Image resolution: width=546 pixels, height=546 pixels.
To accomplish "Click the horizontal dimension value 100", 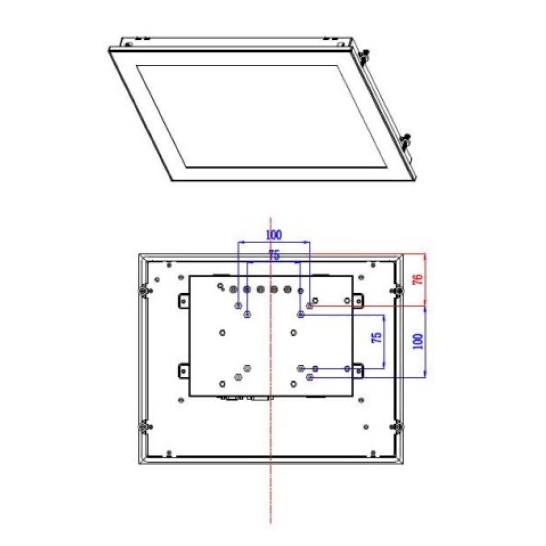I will tap(274, 235).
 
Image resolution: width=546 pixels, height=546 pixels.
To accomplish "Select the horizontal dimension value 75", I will tap(274, 256).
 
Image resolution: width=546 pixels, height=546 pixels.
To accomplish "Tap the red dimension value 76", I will tap(418, 279).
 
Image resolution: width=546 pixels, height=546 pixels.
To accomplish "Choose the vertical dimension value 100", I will tap(418, 341).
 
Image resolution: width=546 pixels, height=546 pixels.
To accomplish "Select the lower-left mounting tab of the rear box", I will tap(183, 371).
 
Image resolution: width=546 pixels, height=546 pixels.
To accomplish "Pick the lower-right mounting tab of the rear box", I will tap(358, 371).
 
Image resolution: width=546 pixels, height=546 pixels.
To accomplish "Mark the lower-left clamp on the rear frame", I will tap(143, 427).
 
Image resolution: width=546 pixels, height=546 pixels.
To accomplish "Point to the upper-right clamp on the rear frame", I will tap(399, 292).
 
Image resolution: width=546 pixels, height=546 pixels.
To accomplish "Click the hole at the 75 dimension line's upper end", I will tap(301, 314).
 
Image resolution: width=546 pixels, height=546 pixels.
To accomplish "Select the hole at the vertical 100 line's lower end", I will tap(310, 377).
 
